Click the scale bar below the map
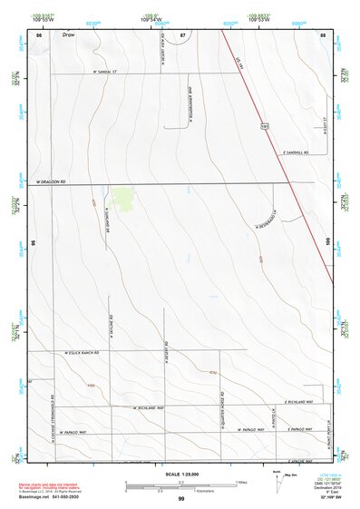click(x=180, y=487)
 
